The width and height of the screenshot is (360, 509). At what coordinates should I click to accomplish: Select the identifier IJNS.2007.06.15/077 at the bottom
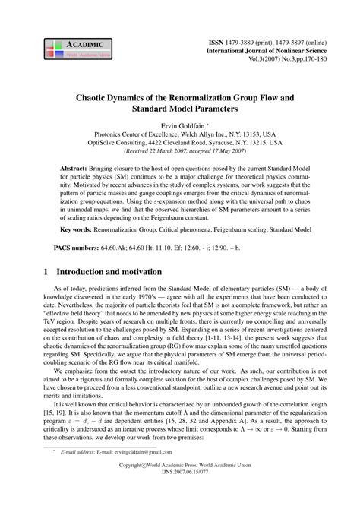click(180, 498)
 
